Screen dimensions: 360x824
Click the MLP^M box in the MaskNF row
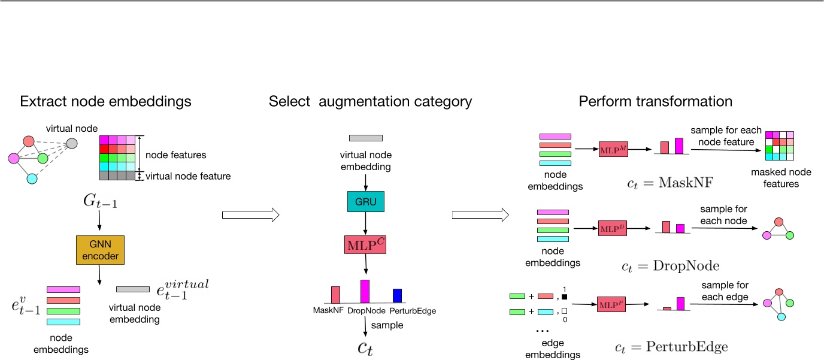click(612, 148)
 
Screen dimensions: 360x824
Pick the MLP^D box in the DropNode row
click(612, 228)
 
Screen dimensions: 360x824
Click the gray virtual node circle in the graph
click(71, 143)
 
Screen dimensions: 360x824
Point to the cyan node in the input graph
click(32, 179)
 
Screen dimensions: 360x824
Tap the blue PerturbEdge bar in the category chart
click(397, 295)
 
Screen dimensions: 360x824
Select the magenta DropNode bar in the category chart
click(365, 291)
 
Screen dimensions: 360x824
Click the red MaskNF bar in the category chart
click(335, 294)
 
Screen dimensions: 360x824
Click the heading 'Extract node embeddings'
click(106, 101)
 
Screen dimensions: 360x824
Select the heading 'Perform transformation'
click(655, 101)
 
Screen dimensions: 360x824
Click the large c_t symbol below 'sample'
click(365, 347)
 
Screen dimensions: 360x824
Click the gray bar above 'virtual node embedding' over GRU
click(365, 138)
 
